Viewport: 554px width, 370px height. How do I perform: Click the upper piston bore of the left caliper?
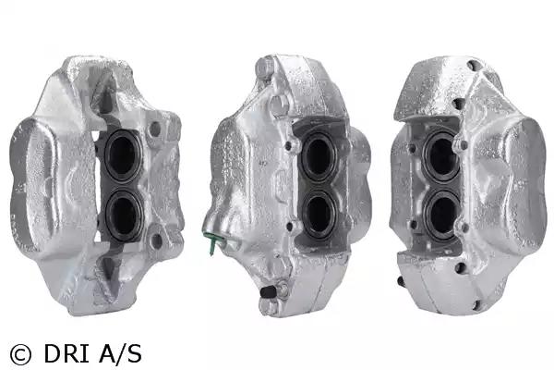[123, 155]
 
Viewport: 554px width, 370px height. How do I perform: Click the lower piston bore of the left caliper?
[125, 216]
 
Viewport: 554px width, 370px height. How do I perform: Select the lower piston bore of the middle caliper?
[319, 214]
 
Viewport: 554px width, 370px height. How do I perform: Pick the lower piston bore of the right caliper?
[443, 216]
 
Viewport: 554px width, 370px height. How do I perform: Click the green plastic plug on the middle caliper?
[211, 240]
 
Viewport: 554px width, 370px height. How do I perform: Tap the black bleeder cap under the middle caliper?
[268, 291]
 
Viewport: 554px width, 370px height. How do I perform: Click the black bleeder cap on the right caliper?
[401, 281]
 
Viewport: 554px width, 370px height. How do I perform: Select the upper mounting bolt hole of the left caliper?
[155, 129]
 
